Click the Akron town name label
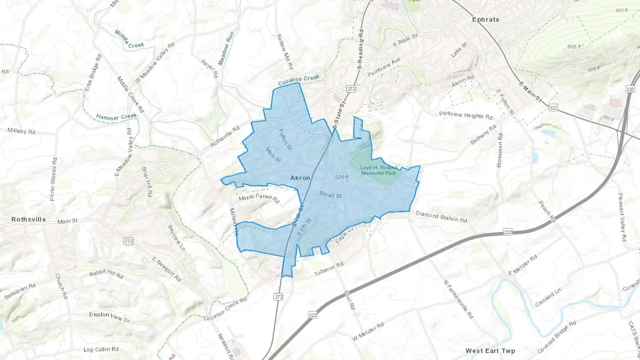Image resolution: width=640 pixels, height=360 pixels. pyautogui.click(x=300, y=178)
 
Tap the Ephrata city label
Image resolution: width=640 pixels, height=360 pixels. pyautogui.click(x=485, y=20)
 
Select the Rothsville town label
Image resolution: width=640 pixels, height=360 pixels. pyautogui.click(x=28, y=219)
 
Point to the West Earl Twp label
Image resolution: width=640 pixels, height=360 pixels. pyautogui.click(x=490, y=351)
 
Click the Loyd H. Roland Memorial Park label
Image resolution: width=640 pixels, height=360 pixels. pyautogui.click(x=378, y=170)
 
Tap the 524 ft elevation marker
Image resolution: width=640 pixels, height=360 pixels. pyautogui.click(x=342, y=177)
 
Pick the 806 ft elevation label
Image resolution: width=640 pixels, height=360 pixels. pyautogui.click(x=574, y=47)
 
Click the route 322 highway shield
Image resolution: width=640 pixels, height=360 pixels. pyautogui.click(x=553, y=108)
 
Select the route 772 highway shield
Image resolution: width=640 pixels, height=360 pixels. pyautogui.click(x=129, y=241)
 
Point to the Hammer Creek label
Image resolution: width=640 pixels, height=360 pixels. pyautogui.click(x=116, y=117)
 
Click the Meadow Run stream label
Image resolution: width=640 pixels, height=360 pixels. pyautogui.click(x=226, y=49)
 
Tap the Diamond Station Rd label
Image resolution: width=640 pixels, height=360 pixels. pyautogui.click(x=441, y=216)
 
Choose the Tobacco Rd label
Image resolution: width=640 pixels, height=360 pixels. pyautogui.click(x=329, y=269)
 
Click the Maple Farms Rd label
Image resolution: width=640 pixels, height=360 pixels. pyautogui.click(x=259, y=198)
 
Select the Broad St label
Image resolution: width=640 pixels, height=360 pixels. pyautogui.click(x=330, y=195)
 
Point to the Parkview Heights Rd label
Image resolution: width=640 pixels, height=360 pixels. pyautogui.click(x=466, y=115)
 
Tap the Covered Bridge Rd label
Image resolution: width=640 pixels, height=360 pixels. pyautogui.click(x=556, y=337)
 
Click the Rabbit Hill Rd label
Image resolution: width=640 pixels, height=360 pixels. pyautogui.click(x=106, y=274)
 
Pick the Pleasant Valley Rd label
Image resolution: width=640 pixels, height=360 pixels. pyautogui.click(x=622, y=217)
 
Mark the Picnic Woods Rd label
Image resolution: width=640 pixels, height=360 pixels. pyautogui.click(x=53, y=179)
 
